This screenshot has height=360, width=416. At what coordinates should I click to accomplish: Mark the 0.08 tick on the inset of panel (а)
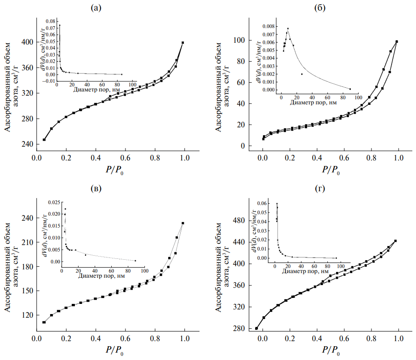(49, 21)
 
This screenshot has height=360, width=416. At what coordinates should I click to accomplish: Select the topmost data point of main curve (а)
(183, 43)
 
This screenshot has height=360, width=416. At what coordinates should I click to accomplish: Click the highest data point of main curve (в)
(183, 223)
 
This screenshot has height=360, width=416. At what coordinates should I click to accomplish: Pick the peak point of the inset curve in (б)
(288, 29)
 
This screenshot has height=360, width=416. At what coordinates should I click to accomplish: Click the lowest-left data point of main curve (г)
(256, 328)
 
